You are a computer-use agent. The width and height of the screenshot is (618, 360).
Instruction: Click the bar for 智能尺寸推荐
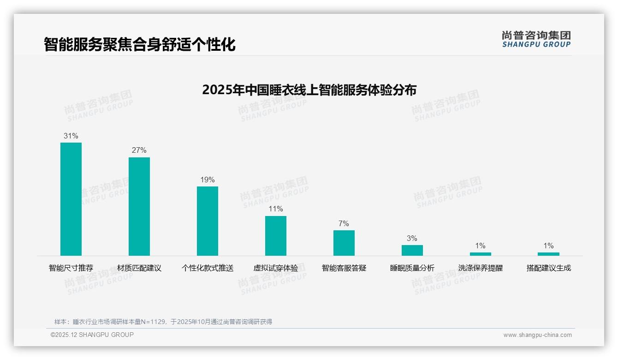(71, 199)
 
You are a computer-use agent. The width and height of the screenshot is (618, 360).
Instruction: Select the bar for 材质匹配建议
(139, 206)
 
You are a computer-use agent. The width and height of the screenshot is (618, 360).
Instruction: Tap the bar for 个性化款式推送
(208, 221)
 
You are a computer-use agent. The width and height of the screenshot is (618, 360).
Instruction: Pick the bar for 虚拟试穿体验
(276, 236)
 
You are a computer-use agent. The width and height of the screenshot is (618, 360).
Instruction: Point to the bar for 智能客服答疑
(344, 243)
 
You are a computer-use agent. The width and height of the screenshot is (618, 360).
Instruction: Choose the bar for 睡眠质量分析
(412, 250)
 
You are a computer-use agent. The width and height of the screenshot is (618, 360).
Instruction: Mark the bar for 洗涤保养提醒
(480, 254)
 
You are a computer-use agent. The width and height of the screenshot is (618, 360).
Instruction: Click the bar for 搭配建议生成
(548, 254)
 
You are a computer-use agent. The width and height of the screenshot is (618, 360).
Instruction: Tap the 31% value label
(71, 136)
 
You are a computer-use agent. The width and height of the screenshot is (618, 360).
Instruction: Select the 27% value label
(139, 150)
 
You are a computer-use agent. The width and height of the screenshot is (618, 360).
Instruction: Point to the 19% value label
(208, 180)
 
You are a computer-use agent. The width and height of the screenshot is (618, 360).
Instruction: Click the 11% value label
(276, 209)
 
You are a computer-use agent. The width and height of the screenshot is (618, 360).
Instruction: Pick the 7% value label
(344, 224)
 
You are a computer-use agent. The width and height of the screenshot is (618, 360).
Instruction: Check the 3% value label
(412, 239)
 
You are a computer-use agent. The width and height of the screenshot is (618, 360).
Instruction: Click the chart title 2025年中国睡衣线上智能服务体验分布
(309, 90)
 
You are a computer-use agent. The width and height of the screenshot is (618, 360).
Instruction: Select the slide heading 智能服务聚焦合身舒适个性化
(140, 44)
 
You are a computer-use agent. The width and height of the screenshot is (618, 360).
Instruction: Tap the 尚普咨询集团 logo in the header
(536, 39)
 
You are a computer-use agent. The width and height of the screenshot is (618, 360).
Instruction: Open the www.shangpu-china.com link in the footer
(537, 335)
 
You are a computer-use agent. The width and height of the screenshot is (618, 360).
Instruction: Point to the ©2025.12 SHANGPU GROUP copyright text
(92, 335)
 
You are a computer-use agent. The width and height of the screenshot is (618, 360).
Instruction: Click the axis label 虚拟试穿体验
(276, 268)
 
